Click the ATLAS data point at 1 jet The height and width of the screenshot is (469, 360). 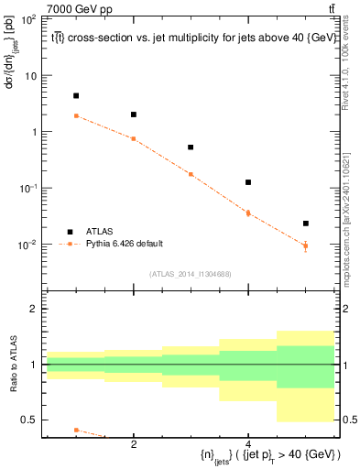coord(76,95)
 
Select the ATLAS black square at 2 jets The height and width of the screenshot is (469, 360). coord(134,115)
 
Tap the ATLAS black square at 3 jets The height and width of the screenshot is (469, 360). coord(191,147)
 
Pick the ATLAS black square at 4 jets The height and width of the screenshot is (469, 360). coord(248,182)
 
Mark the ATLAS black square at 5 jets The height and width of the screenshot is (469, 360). coord(306,224)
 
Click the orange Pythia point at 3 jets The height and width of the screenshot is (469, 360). coord(191,174)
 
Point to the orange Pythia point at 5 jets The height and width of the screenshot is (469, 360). coord(306,245)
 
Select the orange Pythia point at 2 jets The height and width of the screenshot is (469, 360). coord(134,138)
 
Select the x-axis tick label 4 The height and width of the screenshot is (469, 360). coord(248,443)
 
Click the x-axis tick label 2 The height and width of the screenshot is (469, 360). coord(134,443)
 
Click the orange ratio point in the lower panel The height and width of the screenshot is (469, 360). coord(76,430)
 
